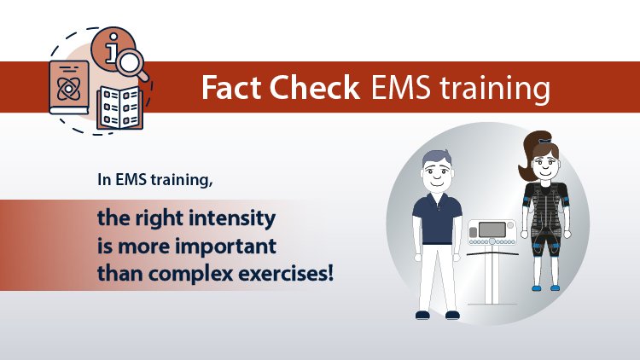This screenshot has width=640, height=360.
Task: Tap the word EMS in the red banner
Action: click(x=399, y=88)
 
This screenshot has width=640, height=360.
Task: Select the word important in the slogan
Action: click(x=242, y=247)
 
